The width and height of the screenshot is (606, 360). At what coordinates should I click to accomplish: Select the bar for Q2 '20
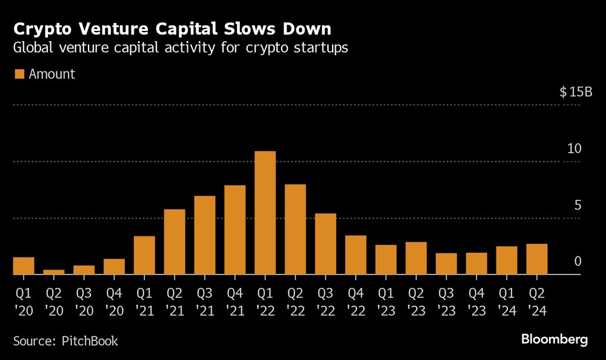click(x=53, y=272)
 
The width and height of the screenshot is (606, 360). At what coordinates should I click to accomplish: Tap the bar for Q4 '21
click(x=235, y=230)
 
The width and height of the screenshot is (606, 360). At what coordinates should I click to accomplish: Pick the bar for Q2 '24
click(x=536, y=259)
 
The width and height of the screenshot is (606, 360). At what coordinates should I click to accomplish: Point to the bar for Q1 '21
click(x=144, y=255)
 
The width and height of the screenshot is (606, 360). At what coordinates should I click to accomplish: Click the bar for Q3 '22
click(x=325, y=244)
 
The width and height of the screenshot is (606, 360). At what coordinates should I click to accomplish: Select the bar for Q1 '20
click(x=23, y=265)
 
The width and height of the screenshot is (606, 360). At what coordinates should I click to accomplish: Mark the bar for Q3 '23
click(x=446, y=264)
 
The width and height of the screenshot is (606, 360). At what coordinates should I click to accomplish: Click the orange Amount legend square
click(x=19, y=74)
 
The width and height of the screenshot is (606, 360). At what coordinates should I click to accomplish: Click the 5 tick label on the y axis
click(x=578, y=205)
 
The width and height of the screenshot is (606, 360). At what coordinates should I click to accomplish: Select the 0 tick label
click(x=578, y=262)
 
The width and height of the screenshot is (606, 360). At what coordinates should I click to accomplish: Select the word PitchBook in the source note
click(x=90, y=341)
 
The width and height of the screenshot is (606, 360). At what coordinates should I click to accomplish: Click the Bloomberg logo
click(x=554, y=339)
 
